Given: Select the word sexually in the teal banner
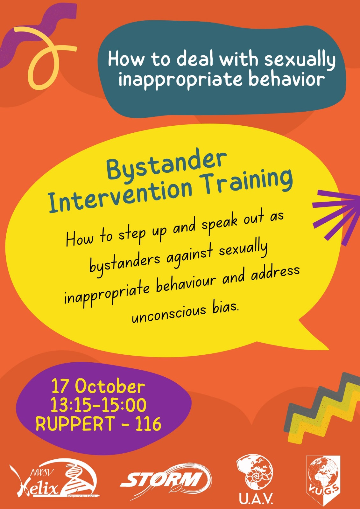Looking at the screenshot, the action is coord(300,59).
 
